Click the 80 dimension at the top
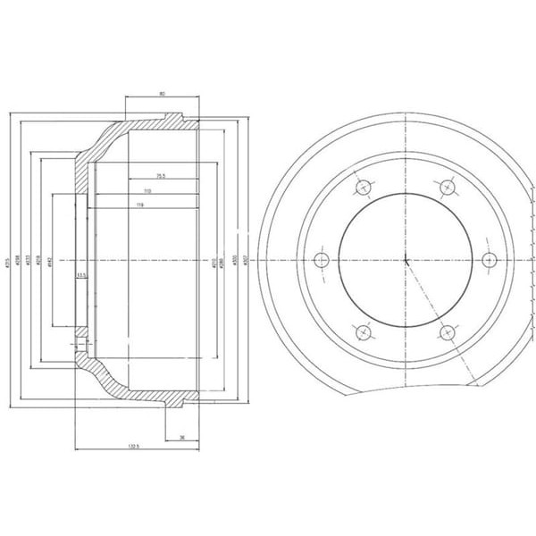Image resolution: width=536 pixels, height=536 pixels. coord(162,92)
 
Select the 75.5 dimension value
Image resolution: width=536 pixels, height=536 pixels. coord(162,175)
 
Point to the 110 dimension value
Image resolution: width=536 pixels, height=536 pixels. coord(146,191)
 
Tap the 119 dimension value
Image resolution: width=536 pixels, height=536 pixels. coord(141,206)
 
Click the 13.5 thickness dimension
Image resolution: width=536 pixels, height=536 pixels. coord(81,275)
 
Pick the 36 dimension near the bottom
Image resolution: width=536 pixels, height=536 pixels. coord(182,437)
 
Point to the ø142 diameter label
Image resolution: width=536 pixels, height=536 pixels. coord(51,260)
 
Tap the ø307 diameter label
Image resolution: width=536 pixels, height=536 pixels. coord(245,260)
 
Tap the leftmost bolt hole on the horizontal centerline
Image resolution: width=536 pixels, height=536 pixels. coord(322,260)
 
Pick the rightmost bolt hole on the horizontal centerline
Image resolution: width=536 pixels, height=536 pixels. coord(488,259)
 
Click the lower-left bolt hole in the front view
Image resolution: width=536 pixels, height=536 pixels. coord(363,332)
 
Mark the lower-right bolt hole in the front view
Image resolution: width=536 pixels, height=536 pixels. coord(446,332)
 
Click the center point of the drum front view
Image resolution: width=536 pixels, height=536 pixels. coord(405,260)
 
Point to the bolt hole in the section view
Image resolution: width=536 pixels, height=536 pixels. coord(81,342)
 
